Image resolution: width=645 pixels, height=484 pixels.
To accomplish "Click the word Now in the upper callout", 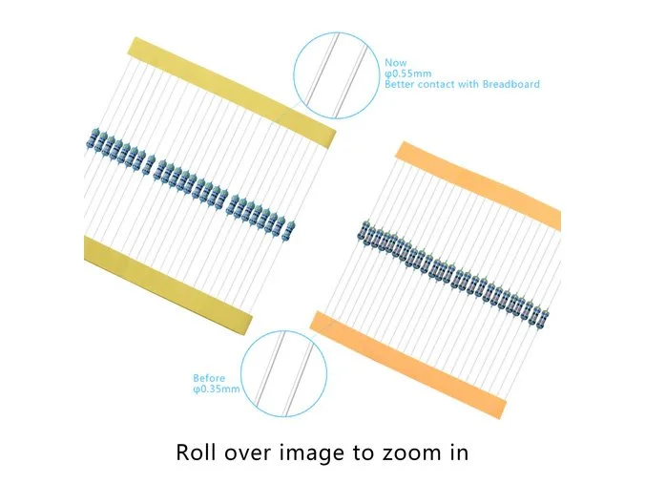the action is click(395, 63).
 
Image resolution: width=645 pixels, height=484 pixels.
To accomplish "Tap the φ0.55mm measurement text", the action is click(408, 74).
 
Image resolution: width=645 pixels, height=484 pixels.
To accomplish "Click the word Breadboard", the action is click(510, 84).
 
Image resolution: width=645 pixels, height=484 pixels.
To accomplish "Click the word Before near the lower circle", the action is click(209, 378).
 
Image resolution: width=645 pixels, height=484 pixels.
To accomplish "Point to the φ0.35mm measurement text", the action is click(217, 389).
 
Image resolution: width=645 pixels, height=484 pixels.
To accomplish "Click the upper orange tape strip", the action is click(478, 184).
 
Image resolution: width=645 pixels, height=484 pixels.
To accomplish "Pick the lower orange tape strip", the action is click(408, 365).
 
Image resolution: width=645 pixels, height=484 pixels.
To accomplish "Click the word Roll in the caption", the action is click(196, 452).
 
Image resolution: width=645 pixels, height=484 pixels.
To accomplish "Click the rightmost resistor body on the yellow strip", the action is click(289, 230).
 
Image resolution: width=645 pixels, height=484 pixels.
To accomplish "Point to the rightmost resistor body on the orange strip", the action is click(545, 316).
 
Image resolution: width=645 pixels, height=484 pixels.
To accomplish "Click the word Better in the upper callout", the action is click(400, 84).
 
